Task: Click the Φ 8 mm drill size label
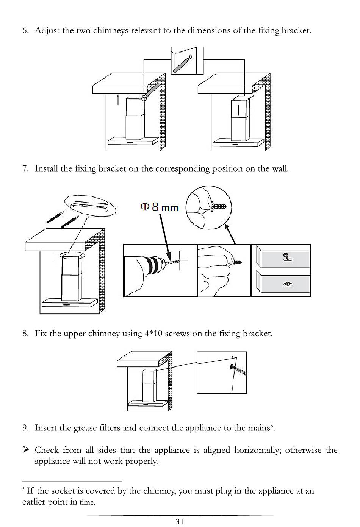(x=159, y=207)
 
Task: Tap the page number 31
(x=180, y=521)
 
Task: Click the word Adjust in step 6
(x=47, y=30)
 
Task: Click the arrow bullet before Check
(x=26, y=450)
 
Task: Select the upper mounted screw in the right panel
(x=287, y=257)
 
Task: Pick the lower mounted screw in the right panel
(x=287, y=284)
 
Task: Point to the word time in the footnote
(x=87, y=502)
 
